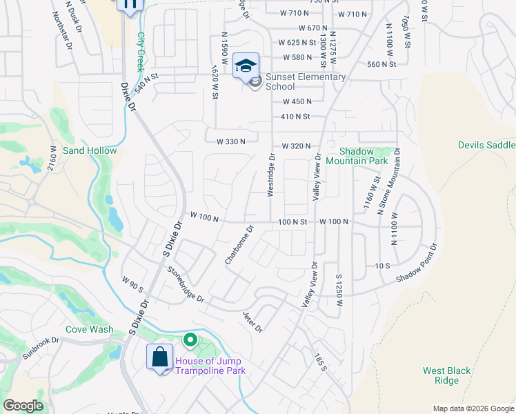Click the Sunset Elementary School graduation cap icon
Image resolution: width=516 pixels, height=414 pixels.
246,66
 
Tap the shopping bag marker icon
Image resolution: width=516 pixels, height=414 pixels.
159,357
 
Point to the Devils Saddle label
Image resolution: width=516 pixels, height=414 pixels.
486,145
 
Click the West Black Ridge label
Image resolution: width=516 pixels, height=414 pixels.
446,375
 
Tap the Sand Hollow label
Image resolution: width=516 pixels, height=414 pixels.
90,150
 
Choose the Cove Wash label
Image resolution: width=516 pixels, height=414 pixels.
89,329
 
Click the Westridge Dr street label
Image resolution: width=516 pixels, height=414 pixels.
272,174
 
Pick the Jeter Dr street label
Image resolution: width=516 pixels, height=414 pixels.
252,322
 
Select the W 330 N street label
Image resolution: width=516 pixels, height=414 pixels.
231,141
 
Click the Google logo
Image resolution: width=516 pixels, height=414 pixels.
23,406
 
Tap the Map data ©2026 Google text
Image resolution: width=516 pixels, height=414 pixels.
473,408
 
